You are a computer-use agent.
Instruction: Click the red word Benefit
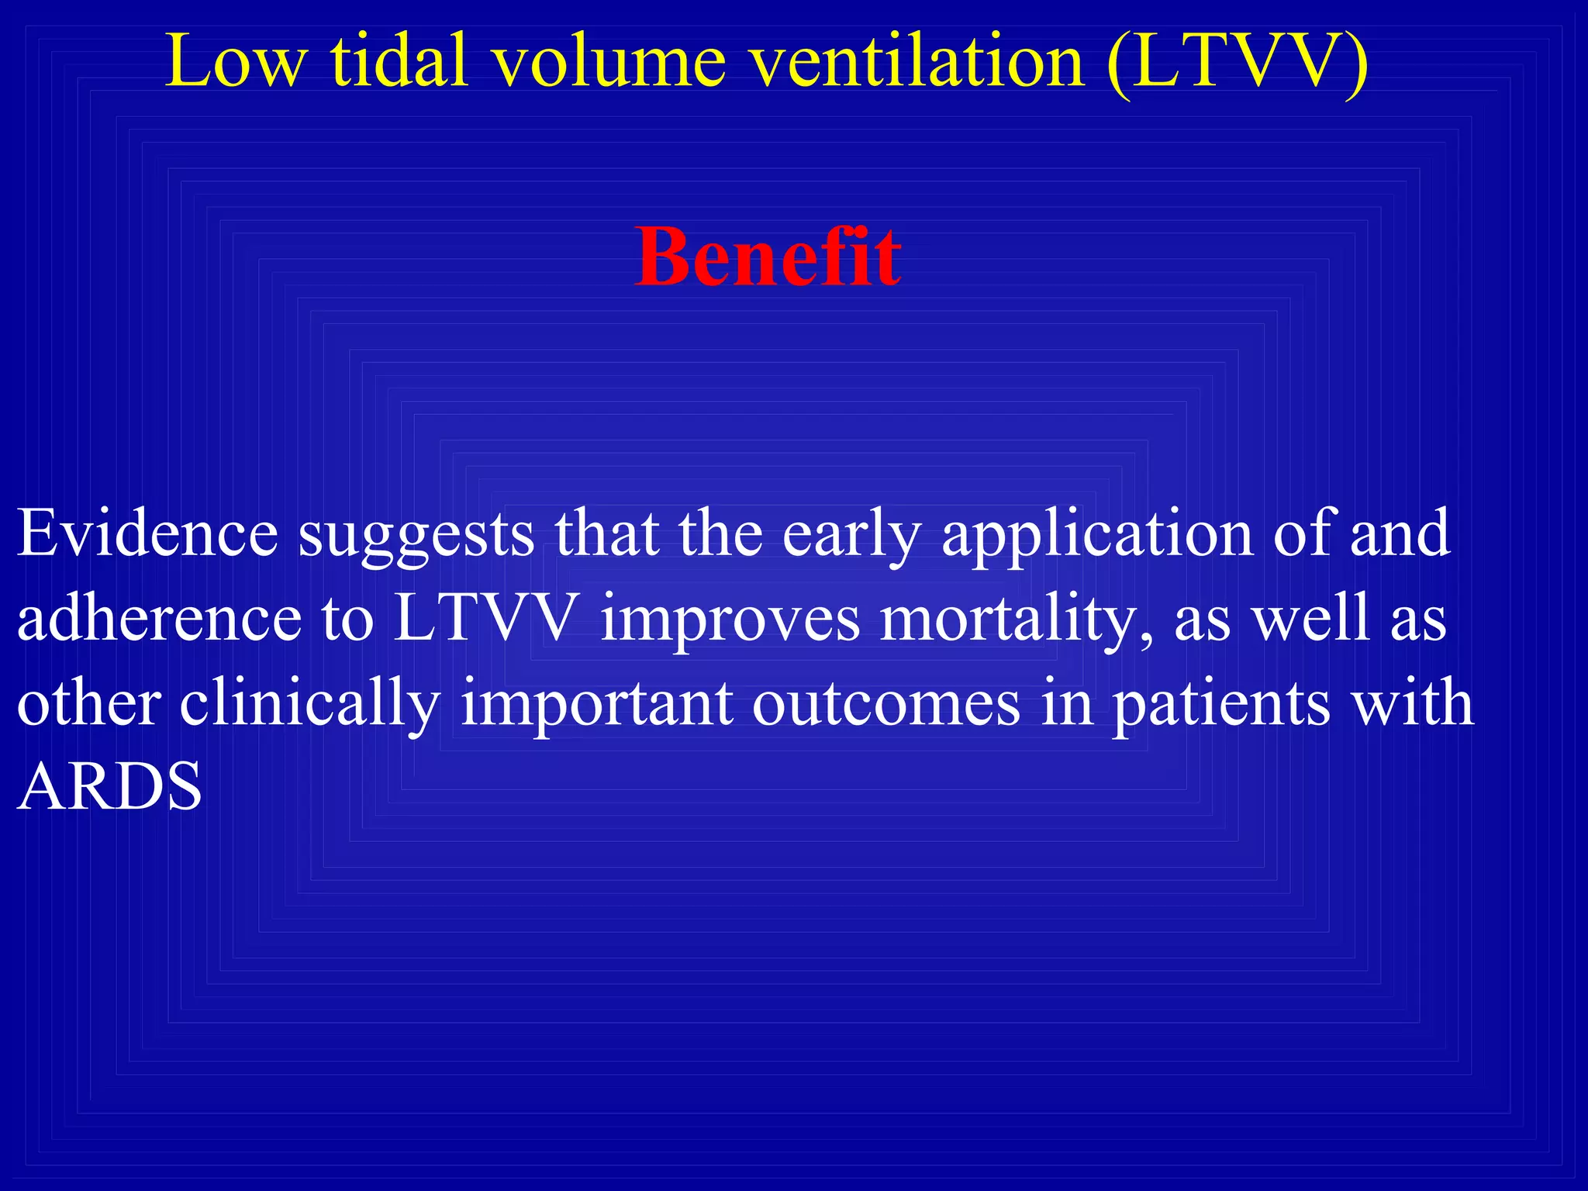click(768, 257)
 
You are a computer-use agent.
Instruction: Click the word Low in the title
click(235, 62)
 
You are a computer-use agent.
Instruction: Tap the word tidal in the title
click(399, 62)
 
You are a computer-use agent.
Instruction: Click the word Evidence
click(147, 533)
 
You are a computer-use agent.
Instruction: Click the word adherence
click(159, 619)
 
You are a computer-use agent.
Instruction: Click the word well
click(1311, 619)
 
